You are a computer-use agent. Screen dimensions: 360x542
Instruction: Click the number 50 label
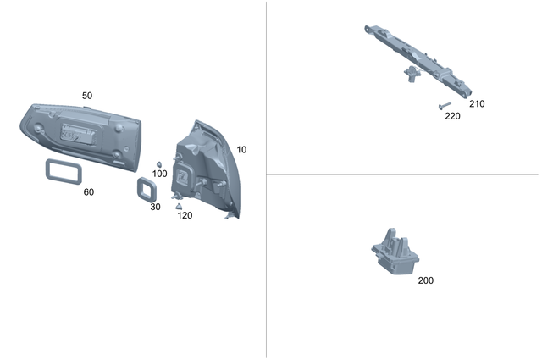[x=87, y=96]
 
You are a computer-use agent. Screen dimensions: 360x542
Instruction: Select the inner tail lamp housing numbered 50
[x=80, y=132]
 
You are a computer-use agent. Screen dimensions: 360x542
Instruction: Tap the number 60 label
[x=89, y=192]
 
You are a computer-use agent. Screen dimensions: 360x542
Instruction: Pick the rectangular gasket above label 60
[x=61, y=170]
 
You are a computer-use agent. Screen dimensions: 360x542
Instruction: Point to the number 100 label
[x=159, y=174]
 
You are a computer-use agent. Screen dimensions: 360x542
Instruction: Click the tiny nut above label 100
[x=158, y=163]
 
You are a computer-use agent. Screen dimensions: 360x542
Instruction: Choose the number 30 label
[x=155, y=207]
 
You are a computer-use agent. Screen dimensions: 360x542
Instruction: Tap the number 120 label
[x=185, y=215]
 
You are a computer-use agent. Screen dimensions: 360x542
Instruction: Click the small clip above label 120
[x=179, y=205]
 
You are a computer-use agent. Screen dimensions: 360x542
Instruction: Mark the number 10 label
[x=241, y=150]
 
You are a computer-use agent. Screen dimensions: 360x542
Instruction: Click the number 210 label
[x=477, y=104]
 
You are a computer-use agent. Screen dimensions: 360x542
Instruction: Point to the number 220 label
[x=452, y=117]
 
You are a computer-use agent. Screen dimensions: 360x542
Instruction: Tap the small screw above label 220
[x=444, y=106]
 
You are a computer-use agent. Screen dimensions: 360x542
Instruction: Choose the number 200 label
[x=425, y=280]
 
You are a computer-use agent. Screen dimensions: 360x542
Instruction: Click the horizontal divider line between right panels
[x=402, y=174]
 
